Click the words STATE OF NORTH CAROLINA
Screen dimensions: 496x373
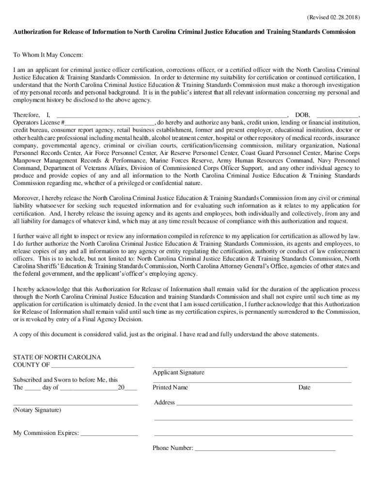coord(57,357)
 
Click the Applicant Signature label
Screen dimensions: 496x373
coord(178,372)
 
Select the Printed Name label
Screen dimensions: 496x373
coord(170,387)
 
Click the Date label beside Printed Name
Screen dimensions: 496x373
coord(304,387)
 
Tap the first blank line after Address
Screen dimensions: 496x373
coord(264,403)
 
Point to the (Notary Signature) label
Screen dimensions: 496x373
coord(37,410)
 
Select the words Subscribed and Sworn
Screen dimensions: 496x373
coord(47,380)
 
